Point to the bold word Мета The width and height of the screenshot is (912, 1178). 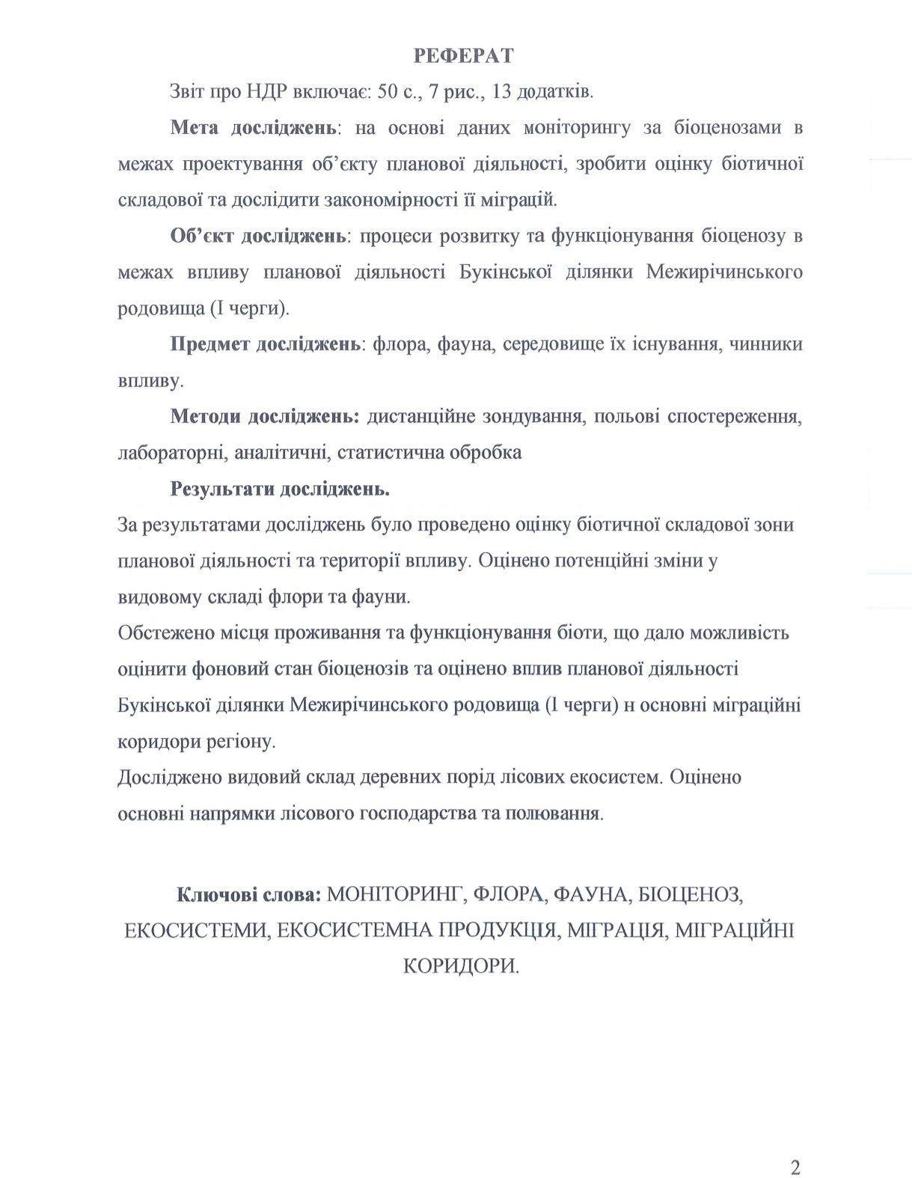[195, 128]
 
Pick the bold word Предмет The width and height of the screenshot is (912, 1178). [210, 344]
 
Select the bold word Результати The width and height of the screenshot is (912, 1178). [221, 489]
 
